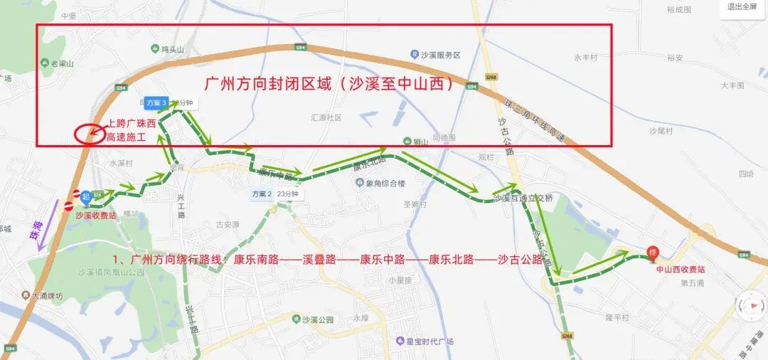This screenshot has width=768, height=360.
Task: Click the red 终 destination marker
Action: tap(653, 253)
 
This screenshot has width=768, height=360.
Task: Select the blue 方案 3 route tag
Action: tap(156, 102)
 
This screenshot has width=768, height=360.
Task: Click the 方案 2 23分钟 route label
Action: tap(276, 194)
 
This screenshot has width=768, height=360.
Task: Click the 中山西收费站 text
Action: tap(681, 270)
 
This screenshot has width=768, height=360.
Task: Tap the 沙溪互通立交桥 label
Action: tap(523, 198)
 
